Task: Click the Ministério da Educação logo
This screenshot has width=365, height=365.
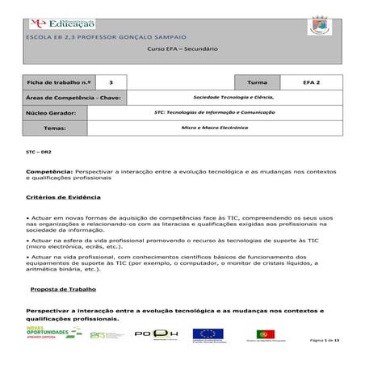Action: point(60,24)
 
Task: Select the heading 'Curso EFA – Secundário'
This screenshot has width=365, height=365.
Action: point(182,49)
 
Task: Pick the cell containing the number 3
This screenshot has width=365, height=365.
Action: point(111,83)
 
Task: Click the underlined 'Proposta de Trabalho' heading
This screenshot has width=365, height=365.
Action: point(63,288)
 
